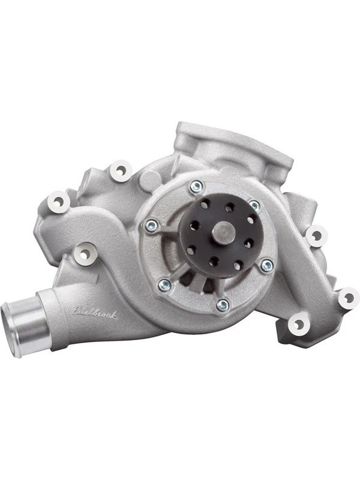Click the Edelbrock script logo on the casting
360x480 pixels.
pos(94,310)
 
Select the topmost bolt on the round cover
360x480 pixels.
pos(195,187)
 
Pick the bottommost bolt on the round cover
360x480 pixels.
pos(222,305)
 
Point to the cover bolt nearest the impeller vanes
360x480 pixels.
pos(161,284)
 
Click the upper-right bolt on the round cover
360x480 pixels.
pos(254,206)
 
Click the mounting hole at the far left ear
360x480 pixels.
pos(58,202)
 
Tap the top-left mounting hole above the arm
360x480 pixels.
pos(122,170)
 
